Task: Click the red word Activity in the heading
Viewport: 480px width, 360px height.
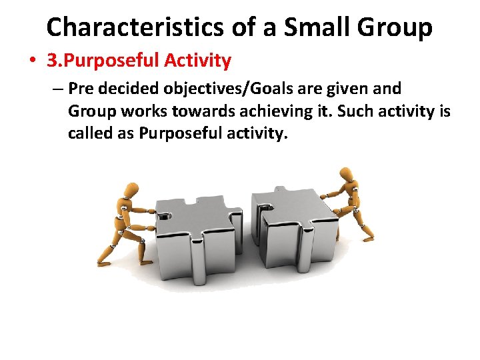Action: [x=198, y=61]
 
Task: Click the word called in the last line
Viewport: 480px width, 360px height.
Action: [x=87, y=133]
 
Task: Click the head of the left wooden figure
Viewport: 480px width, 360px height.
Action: [x=134, y=189]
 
